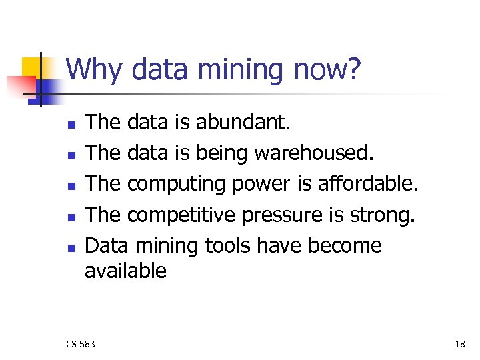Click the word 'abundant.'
click(243, 123)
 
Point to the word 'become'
click(345, 245)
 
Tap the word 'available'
click(126, 270)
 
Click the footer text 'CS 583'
click(81, 344)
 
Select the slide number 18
click(460, 344)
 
